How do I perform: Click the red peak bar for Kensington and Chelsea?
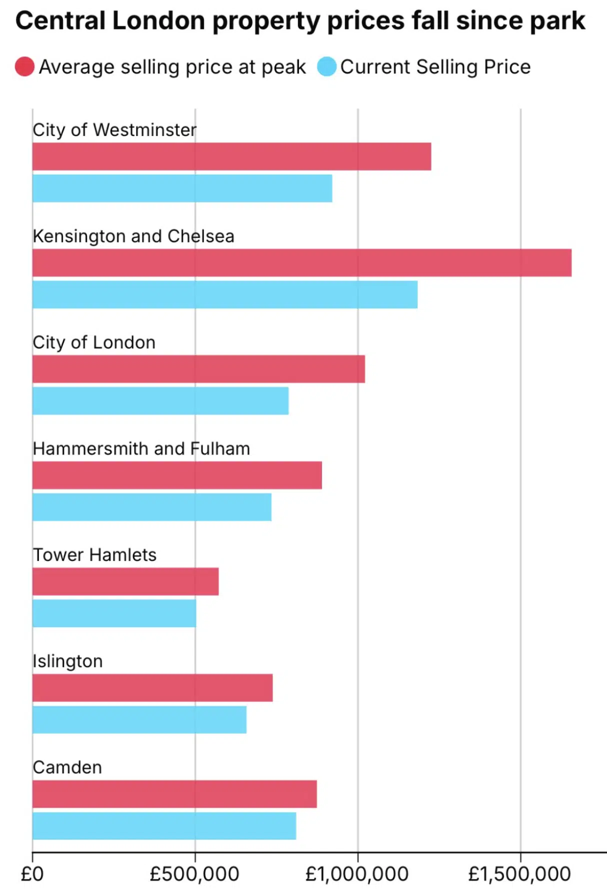(x=301, y=262)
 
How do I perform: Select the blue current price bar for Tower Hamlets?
(x=114, y=613)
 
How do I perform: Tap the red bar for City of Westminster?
(x=231, y=156)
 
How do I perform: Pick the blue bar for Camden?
(x=164, y=825)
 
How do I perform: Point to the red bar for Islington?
(x=152, y=687)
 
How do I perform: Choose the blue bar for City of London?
(x=160, y=400)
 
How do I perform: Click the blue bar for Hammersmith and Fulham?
(x=152, y=507)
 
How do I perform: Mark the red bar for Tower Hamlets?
(x=125, y=581)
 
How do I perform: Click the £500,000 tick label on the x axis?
(x=194, y=874)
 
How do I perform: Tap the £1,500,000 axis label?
(x=519, y=874)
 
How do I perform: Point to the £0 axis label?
(x=32, y=874)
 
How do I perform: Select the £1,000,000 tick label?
(x=357, y=874)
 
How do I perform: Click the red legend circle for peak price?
(x=24, y=66)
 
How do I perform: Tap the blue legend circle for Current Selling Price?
(x=327, y=66)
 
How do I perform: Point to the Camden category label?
(x=67, y=767)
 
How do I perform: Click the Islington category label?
(x=67, y=661)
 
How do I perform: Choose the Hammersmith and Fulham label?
(x=141, y=448)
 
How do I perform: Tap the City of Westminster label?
(x=114, y=130)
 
